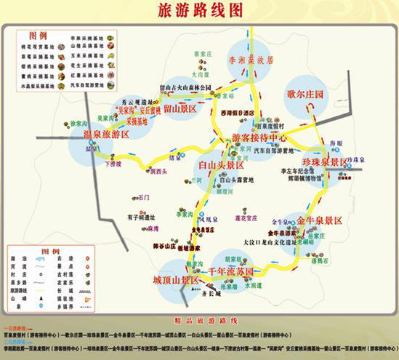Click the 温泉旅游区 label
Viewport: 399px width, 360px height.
105,135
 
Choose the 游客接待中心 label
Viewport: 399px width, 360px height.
259,137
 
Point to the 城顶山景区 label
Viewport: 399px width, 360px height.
176,279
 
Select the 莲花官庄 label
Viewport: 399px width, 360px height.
241,217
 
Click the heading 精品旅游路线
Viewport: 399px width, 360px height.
198,320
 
